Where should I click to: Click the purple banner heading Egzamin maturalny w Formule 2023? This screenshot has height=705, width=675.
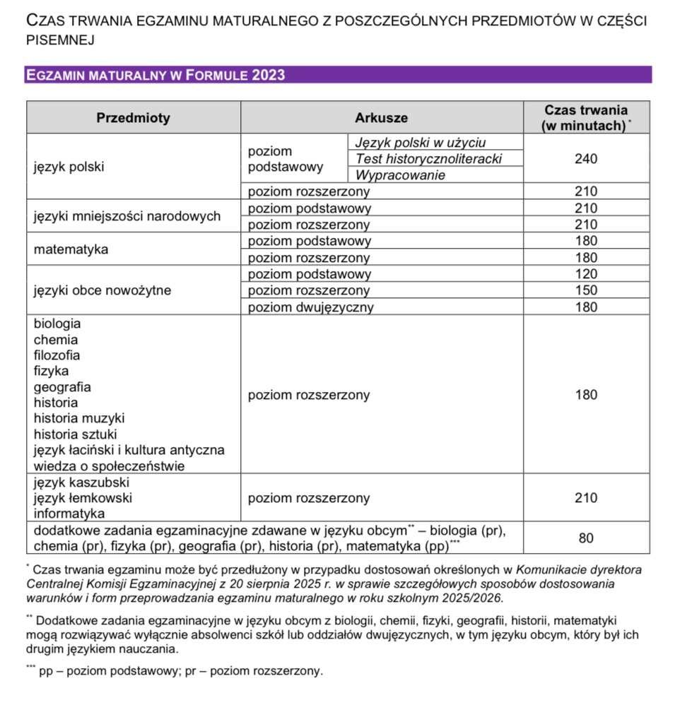pyautogui.click(x=155, y=75)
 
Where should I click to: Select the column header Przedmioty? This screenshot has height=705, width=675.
pyautogui.click(x=133, y=118)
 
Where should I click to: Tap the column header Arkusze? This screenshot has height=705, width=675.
pyautogui.click(x=381, y=118)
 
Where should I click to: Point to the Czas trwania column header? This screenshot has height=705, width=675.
pyautogui.click(x=586, y=118)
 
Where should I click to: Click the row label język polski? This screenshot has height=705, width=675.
pyautogui.click(x=69, y=167)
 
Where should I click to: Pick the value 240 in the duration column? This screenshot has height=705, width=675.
pyautogui.click(x=586, y=159)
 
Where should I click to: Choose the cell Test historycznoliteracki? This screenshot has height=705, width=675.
pyautogui.click(x=428, y=159)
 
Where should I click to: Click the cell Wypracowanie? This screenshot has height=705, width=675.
pyautogui.click(x=400, y=175)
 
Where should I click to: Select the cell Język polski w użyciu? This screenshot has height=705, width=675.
pyautogui.click(x=421, y=143)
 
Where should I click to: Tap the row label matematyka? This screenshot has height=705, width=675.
pyautogui.click(x=71, y=249)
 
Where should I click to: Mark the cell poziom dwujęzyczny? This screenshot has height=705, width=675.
pyautogui.click(x=310, y=307)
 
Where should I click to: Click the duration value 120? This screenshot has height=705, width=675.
pyautogui.click(x=586, y=274)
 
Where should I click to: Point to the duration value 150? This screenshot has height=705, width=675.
pyautogui.click(x=586, y=290)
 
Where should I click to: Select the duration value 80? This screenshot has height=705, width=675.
pyautogui.click(x=586, y=538)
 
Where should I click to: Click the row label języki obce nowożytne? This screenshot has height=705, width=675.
pyautogui.click(x=102, y=290)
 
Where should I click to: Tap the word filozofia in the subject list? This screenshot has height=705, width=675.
pyautogui.click(x=57, y=355)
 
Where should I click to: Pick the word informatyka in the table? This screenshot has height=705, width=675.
pyautogui.click(x=69, y=514)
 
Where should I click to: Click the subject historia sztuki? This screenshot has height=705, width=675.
pyautogui.click(x=75, y=434)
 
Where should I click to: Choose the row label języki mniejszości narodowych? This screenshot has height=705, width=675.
pyautogui.click(x=127, y=217)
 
